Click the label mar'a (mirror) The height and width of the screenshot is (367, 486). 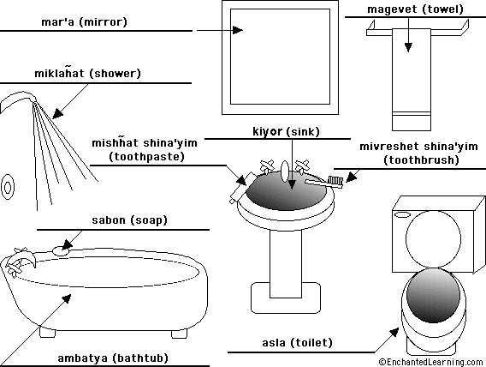tap(84, 22)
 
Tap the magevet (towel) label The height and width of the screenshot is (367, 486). tap(415, 9)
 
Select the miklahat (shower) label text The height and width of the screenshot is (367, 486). tap(88, 73)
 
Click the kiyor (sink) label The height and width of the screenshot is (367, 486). tap(286, 132)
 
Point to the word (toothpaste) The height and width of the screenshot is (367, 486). tap(147, 157)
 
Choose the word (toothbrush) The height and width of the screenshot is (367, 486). tap(421, 160)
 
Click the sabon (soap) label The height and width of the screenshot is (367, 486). tap(129, 220)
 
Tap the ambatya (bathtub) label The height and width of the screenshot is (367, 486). tap(113, 358)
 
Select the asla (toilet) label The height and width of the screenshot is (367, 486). tap(297, 343)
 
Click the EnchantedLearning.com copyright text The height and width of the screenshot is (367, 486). tap(431, 362)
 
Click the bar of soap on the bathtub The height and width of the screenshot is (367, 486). tap(61, 251)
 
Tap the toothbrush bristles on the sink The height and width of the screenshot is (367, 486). tap(335, 180)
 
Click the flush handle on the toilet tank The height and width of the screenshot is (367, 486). tap(401, 214)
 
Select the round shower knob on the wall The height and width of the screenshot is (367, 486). tap(8, 187)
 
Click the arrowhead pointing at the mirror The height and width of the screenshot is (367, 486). tap(237, 30)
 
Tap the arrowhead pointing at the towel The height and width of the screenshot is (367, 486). tap(408, 47)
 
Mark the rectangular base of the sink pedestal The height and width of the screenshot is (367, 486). tap(286, 298)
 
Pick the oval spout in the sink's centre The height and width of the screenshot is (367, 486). tap(285, 171)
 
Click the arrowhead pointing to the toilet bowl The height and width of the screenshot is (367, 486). tap(394, 332)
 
